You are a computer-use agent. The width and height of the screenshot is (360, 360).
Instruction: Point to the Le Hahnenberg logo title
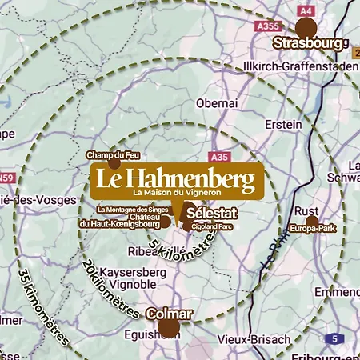(x=176, y=177)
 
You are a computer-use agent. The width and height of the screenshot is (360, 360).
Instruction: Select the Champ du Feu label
(x=114, y=153)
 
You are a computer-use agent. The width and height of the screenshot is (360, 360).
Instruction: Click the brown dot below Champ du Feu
(x=114, y=163)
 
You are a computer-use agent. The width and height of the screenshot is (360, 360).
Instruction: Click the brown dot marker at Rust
(x=312, y=220)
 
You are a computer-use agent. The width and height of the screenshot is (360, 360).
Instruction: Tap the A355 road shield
(x=267, y=27)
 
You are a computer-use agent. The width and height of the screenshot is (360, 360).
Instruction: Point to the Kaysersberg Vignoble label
(x=118, y=278)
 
